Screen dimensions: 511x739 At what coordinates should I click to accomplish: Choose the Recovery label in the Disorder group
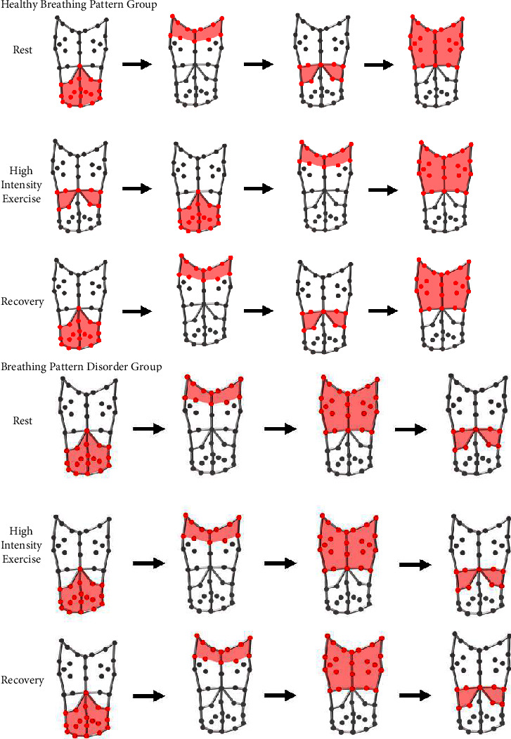[23, 680]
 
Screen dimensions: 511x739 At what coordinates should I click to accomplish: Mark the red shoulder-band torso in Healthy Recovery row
[205, 302]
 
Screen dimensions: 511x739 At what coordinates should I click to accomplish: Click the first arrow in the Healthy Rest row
[137, 65]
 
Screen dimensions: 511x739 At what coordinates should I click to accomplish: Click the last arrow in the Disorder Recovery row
[414, 695]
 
